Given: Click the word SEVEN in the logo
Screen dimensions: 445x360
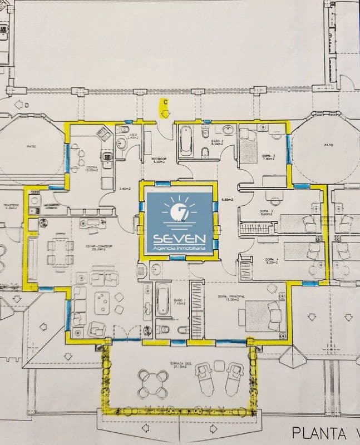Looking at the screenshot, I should [x=179, y=238].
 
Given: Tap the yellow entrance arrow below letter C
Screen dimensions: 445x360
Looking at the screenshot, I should [x=165, y=113].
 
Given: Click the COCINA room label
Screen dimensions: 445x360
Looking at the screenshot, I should [x=91, y=169].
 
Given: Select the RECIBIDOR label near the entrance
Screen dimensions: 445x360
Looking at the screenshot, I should [x=160, y=160].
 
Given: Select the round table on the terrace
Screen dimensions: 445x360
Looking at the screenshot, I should [x=153, y=382].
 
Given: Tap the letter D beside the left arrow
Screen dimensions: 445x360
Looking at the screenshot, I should [x=18, y=103].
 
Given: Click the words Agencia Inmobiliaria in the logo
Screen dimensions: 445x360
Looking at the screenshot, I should [x=179, y=249].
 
